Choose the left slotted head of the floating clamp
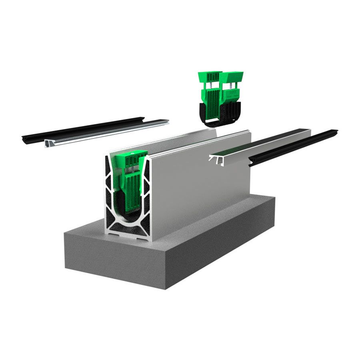209,76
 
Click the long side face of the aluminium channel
200,180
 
